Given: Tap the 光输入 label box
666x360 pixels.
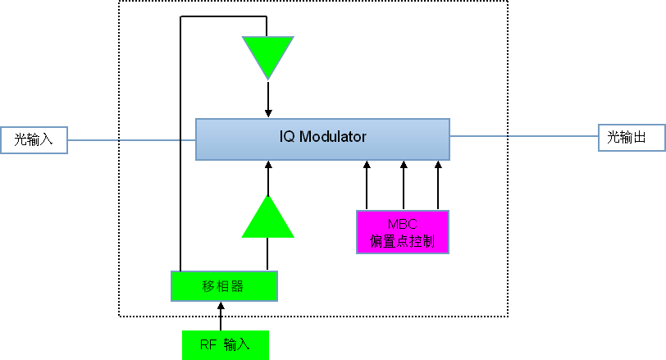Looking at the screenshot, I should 34,139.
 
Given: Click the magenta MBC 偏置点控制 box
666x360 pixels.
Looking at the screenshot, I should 402,232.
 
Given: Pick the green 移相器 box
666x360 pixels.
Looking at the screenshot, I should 224,285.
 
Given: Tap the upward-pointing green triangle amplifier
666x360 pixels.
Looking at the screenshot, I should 267,218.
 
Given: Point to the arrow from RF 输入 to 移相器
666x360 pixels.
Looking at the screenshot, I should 220,316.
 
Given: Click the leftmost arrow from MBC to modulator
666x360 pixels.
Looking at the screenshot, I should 367,185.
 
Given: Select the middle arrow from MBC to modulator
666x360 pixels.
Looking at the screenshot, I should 403,185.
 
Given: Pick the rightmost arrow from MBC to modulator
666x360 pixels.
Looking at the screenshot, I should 437,185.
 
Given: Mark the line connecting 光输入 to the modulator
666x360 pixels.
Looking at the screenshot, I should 131,140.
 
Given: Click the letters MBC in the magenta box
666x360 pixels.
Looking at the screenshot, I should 402,224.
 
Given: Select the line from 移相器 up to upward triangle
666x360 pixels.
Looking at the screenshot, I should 267,254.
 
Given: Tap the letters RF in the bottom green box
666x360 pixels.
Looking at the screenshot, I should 208,345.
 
